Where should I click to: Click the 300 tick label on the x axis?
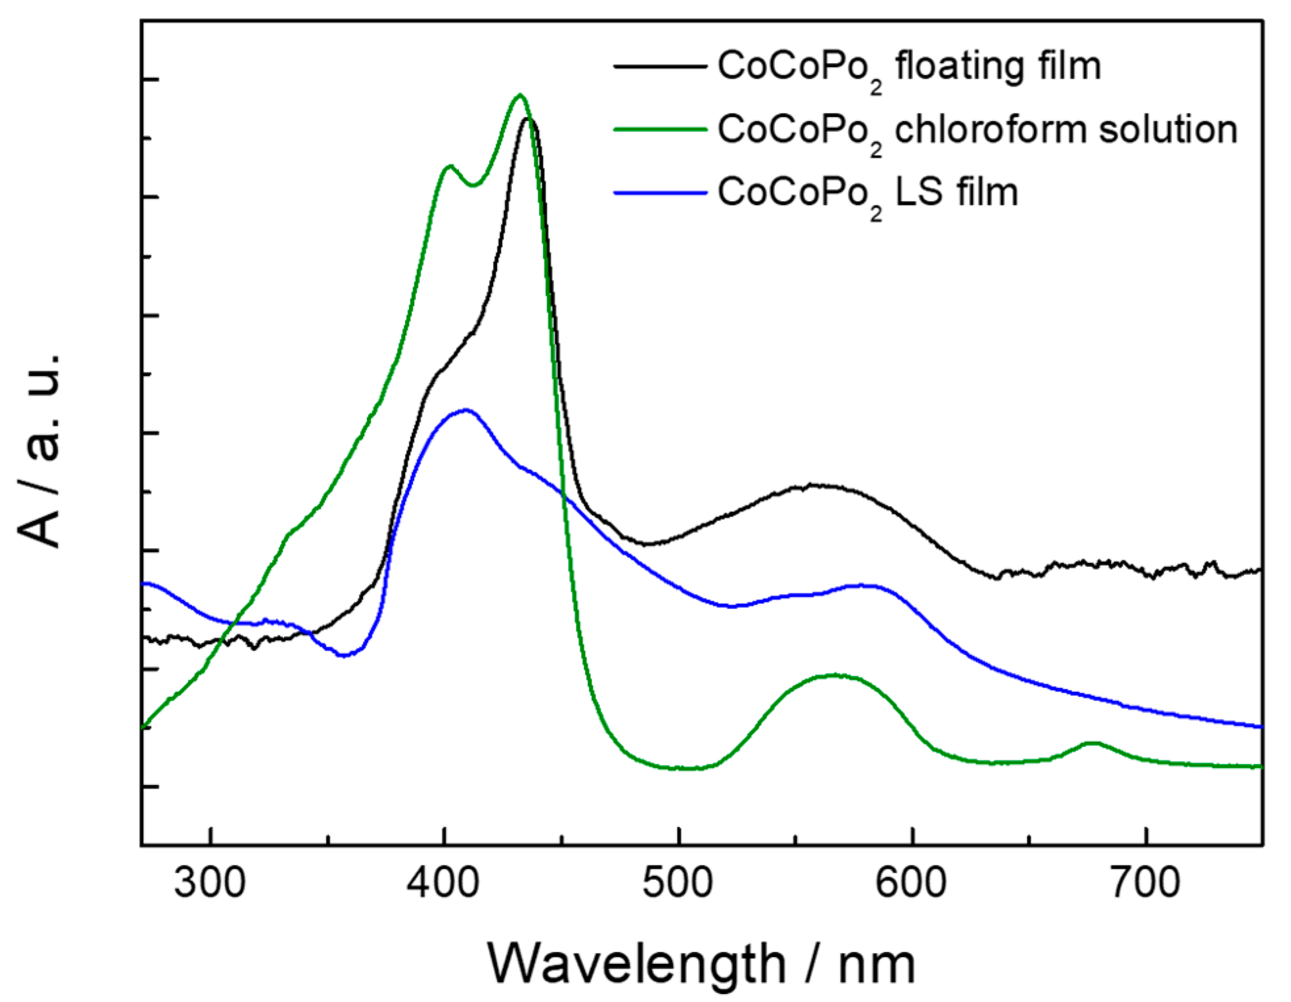click(210, 882)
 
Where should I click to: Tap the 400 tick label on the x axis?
click(443, 882)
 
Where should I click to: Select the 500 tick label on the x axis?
click(677, 882)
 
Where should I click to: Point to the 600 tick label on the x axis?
click(911, 882)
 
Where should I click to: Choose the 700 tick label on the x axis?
click(1145, 882)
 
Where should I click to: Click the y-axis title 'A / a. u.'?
click(41, 450)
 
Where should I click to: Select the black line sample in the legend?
click(659, 66)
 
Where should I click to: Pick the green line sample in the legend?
click(659, 129)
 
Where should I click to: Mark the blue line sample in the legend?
click(659, 193)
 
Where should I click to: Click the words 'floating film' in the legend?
click(998, 66)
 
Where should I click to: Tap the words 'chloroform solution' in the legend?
click(1066, 129)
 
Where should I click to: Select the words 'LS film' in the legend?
click(956, 193)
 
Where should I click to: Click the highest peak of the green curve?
click(520, 95)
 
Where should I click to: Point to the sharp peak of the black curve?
click(528, 119)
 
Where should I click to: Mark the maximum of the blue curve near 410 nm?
click(466, 410)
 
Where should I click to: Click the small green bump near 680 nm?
click(1092, 743)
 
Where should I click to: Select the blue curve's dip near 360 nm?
click(344, 655)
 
